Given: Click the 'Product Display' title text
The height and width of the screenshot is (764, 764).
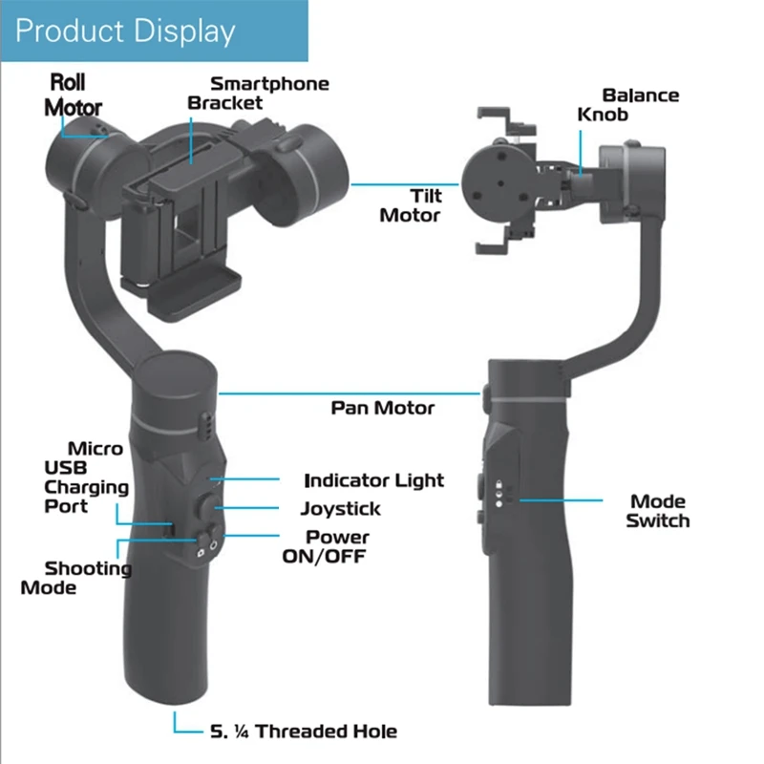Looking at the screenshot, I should [125, 31].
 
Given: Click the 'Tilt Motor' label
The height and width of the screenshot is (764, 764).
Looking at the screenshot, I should [412, 205].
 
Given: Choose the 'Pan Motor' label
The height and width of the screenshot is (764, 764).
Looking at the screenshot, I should [383, 408].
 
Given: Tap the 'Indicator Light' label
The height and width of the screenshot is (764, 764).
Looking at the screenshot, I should [374, 480].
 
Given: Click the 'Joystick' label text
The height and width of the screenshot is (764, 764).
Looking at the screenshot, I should [341, 509].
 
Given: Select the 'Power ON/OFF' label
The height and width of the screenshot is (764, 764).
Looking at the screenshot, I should [326, 546].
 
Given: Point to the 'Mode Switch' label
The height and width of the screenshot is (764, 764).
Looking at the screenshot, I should [658, 511].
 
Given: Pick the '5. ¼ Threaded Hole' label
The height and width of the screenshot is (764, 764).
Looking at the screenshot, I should [303, 732].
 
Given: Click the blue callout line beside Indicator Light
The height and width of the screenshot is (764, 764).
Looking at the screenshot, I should [252, 477].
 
